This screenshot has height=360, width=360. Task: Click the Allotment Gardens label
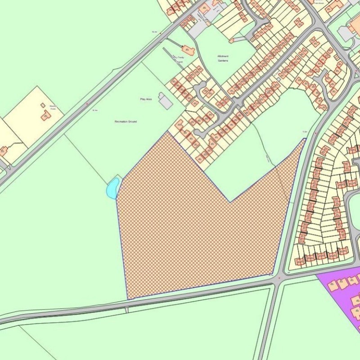(x=223, y=58)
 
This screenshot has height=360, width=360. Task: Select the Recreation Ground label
(x=126, y=121)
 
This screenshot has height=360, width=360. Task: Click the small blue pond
(x=113, y=187)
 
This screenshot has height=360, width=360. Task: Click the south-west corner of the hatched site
(x=128, y=298)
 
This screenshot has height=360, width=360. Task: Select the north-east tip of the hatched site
(x=305, y=139)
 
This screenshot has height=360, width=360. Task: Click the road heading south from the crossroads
(x=268, y=324)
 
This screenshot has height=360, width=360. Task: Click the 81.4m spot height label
(x=95, y=110)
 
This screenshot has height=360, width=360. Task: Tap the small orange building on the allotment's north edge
(x=232, y=40)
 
